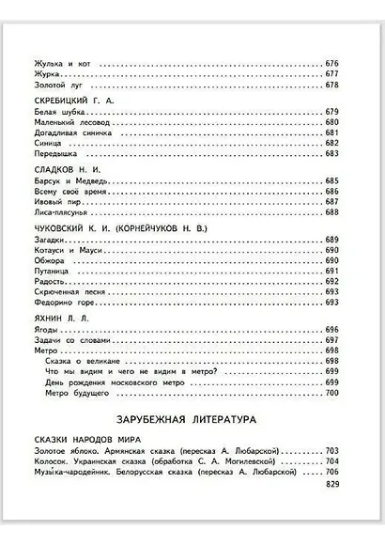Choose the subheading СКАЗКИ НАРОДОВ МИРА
click(x=81, y=439)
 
